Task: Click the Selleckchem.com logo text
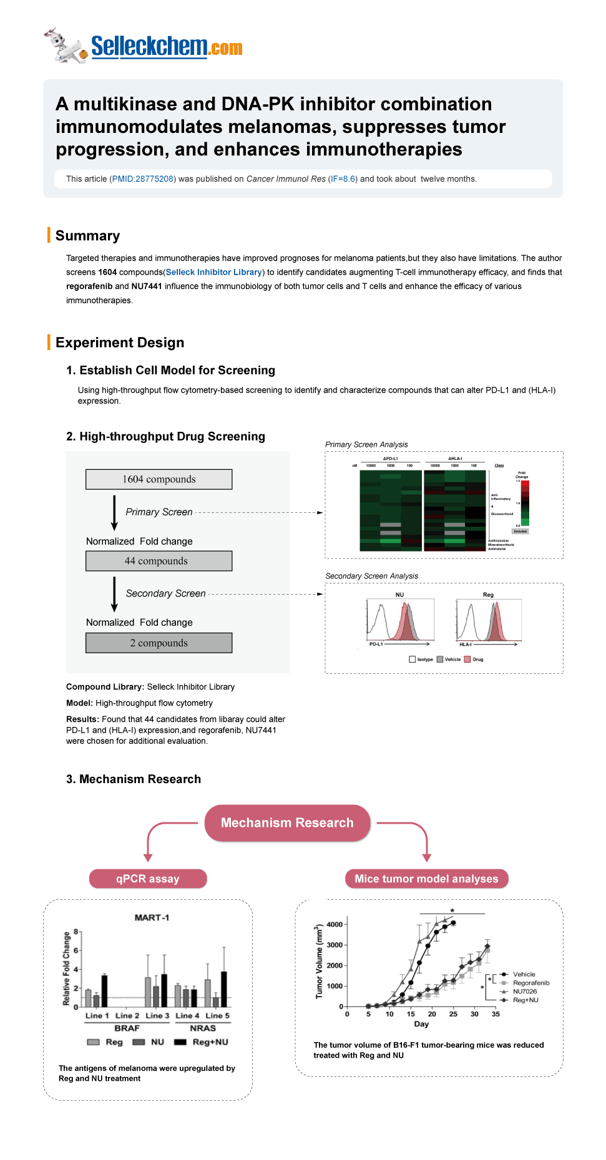pos(166,47)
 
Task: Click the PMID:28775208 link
pos(143,179)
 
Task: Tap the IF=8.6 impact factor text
pos(343,179)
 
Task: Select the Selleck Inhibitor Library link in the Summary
pos(213,272)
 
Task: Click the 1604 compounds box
pos(159,479)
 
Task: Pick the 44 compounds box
pos(159,561)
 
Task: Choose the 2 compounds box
pos(159,643)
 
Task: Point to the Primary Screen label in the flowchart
pos(159,512)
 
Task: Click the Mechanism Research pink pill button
pos(287,822)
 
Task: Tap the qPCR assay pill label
pos(147,879)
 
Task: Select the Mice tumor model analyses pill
pos(426,879)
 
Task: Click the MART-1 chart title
pos(152,917)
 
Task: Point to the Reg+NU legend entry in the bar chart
pos(210,1042)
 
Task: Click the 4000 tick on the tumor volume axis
pos(335,924)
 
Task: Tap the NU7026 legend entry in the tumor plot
pos(524,992)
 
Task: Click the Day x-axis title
pos(421,1024)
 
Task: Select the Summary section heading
pos(87,235)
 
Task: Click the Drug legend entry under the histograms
pos(477,660)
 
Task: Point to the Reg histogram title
pos(488,595)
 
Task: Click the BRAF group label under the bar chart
pos(127,1028)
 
